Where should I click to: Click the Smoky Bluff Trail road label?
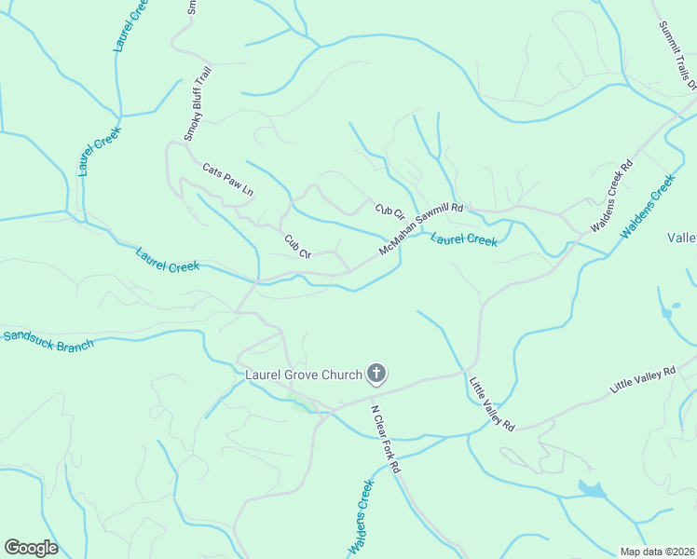tap(198, 103)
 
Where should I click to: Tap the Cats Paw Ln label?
tap(228, 179)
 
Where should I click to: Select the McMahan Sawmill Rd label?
tap(421, 230)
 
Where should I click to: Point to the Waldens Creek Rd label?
tap(611, 197)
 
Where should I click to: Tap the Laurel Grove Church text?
tap(303, 375)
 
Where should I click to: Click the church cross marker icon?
tap(376, 375)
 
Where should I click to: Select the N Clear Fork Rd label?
tap(385, 437)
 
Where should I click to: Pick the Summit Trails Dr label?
tap(677, 55)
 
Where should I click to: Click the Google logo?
tap(31, 548)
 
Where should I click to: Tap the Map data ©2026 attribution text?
tap(656, 552)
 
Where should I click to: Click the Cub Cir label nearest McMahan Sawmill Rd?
tap(389, 213)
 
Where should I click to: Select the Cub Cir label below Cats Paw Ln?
tap(297, 247)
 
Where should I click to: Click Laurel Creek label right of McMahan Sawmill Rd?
tap(464, 240)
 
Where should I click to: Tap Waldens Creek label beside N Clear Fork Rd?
tap(361, 518)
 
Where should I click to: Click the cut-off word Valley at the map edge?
tap(682, 238)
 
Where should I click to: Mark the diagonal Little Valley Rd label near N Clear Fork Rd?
tap(491, 403)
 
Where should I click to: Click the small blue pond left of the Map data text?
tap(591, 488)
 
